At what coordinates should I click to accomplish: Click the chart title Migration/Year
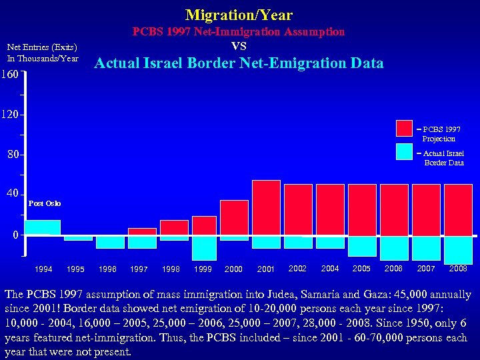[x=239, y=15]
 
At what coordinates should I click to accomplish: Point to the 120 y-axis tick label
[x=11, y=114]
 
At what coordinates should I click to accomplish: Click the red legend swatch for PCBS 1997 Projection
[x=404, y=128]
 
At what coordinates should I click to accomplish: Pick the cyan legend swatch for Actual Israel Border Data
[x=404, y=152]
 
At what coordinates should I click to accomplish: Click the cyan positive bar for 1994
[x=42, y=227]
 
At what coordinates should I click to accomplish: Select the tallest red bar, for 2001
[x=266, y=207]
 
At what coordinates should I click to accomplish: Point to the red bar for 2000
[x=234, y=217]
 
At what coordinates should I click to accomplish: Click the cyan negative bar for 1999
[x=204, y=247]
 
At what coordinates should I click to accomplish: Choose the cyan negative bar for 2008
[x=458, y=249]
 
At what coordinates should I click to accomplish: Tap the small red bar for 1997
[x=142, y=231]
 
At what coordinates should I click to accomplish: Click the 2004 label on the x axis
[x=330, y=269]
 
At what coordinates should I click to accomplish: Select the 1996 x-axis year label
[x=107, y=269]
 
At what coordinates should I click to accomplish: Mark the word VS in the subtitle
[x=239, y=46]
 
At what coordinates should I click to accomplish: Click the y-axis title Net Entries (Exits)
[x=42, y=47]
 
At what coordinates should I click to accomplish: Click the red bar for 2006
[x=394, y=210]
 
